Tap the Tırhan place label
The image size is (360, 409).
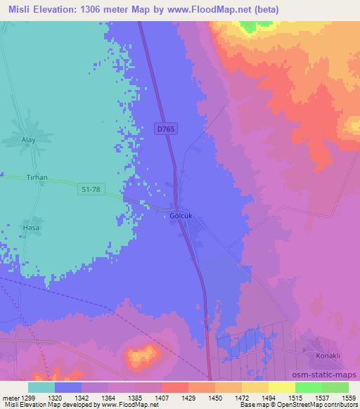click(x=36, y=178)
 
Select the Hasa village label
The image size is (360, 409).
click(x=30, y=228)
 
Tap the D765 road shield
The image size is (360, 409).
click(x=166, y=128)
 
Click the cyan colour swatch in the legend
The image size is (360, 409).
click(x=41, y=387)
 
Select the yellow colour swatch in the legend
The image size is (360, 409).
click(x=255, y=387)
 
